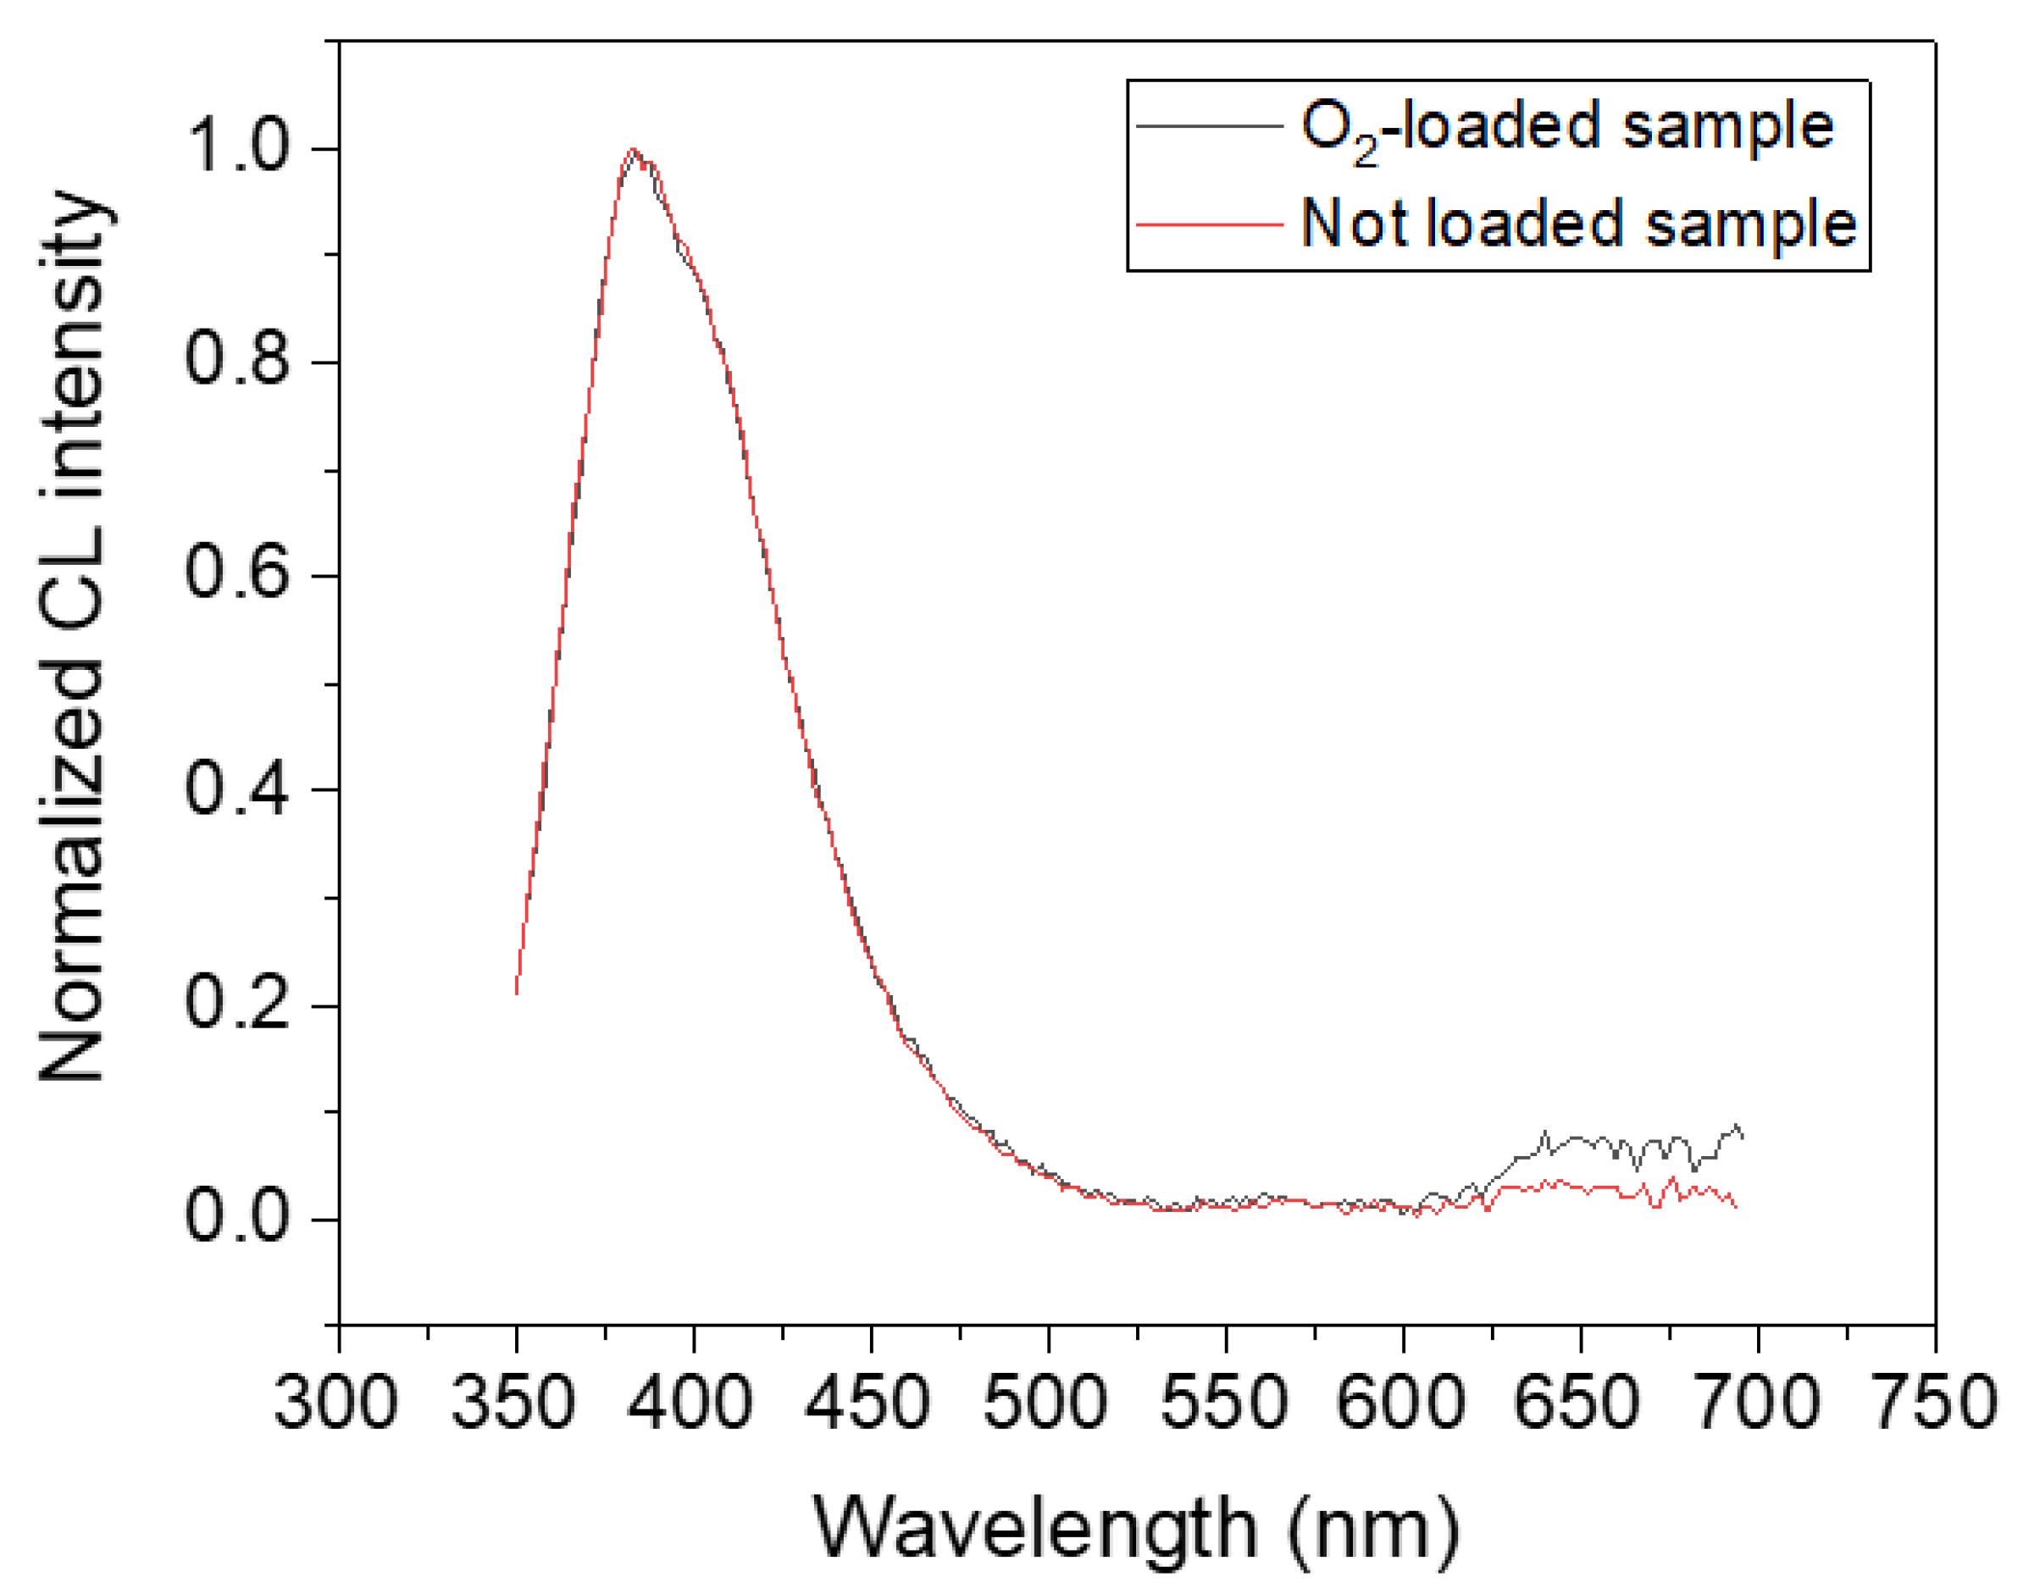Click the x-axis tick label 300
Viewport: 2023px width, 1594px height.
336,1402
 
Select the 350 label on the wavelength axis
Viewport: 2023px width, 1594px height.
513,1402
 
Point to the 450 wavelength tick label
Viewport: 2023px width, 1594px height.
868,1402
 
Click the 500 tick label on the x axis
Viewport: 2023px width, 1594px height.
1045,1402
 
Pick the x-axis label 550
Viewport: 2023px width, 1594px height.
1223,1402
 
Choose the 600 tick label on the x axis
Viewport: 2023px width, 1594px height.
1400,1402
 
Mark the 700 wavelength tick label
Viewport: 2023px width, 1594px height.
1757,1402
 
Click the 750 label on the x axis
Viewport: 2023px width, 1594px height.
1934,1402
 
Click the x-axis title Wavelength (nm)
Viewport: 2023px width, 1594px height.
1136,1529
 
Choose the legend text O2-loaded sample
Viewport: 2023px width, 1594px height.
1566,128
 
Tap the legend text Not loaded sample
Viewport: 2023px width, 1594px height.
1577,224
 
